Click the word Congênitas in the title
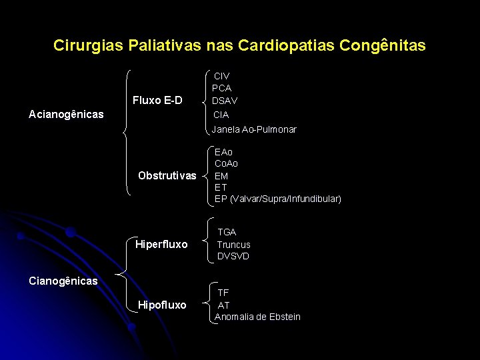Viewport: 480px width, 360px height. click(382, 46)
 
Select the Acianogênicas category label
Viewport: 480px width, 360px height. click(67, 115)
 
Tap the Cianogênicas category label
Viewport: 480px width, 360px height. click(63, 281)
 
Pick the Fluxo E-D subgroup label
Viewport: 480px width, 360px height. click(157, 101)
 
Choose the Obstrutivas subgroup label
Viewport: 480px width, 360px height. click(167, 176)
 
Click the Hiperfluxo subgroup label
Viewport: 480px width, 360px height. click(161, 244)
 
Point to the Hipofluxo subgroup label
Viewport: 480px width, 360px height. click(162, 305)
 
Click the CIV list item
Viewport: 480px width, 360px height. click(221, 77)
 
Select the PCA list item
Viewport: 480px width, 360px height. click(222, 88)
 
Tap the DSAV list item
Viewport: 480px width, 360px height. click(225, 101)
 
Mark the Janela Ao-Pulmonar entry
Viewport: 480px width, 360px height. click(254, 129)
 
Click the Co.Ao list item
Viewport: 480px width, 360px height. click(227, 164)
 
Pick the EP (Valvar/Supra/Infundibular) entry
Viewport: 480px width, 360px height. click(277, 199)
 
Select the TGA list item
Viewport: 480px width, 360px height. click(227, 232)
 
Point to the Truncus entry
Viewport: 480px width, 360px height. click(233, 245)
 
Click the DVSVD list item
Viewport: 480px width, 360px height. click(233, 256)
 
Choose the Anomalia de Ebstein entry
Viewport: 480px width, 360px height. click(257, 317)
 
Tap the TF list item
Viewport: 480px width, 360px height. click(223, 293)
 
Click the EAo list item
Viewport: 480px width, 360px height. click(224, 152)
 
